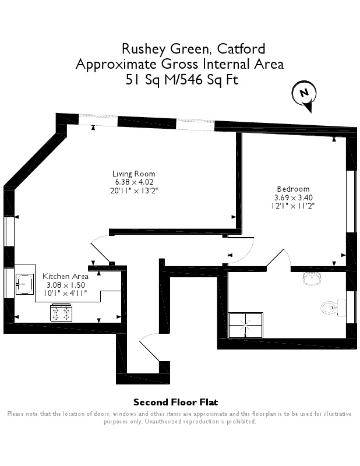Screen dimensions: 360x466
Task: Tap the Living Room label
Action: click(x=133, y=174)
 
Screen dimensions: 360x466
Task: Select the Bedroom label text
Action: click(x=293, y=189)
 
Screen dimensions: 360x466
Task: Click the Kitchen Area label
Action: click(x=65, y=276)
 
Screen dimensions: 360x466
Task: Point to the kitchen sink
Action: click(x=24, y=284)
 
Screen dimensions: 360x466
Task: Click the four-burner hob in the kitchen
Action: click(x=61, y=313)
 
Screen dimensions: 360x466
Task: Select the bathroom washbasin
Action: click(x=312, y=278)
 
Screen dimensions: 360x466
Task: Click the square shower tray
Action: click(x=246, y=325)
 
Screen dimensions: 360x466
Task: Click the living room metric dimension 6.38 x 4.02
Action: click(x=134, y=182)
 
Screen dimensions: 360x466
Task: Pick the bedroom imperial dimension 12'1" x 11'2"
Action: click(x=293, y=206)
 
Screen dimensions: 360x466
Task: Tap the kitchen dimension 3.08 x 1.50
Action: click(x=66, y=285)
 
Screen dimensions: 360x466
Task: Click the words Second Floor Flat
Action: click(x=176, y=403)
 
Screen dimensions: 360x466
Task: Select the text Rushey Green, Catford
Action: click(x=193, y=49)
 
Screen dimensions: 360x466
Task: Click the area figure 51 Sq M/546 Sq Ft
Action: click(x=182, y=80)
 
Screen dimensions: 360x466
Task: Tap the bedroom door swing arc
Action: click(x=241, y=250)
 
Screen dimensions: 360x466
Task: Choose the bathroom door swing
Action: click(x=278, y=258)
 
